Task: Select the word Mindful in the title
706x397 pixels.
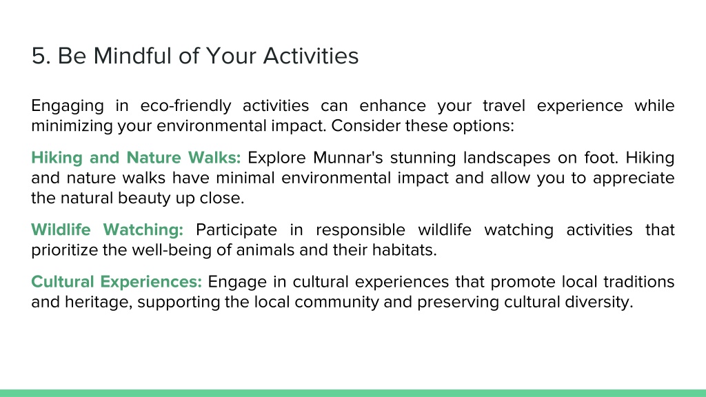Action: pyautogui.click(x=132, y=56)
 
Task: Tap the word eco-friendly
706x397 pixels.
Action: pyautogui.click(x=185, y=105)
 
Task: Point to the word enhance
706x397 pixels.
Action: pyautogui.click(x=392, y=105)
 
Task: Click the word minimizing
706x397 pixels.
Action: pyautogui.click(x=72, y=126)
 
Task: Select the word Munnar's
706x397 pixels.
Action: pyautogui.click(x=348, y=158)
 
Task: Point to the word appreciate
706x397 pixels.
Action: pyautogui.click(x=634, y=179)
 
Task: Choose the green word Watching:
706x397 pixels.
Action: pyautogui.click(x=143, y=230)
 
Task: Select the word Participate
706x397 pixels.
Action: pyautogui.click(x=236, y=230)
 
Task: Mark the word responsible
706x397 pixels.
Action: pyautogui.click(x=360, y=230)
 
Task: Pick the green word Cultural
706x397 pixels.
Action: pyautogui.click(x=62, y=282)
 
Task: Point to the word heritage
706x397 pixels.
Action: pyautogui.click(x=99, y=302)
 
